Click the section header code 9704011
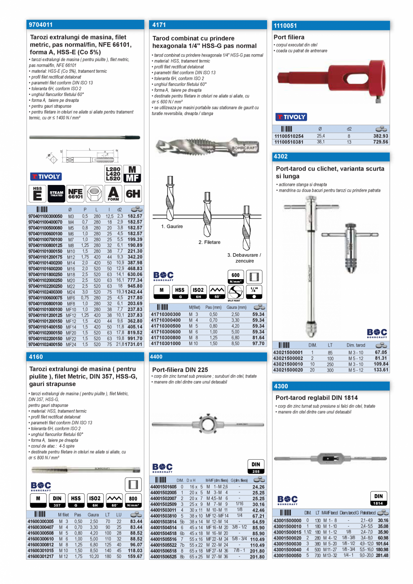click(41, 25)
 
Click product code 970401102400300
click(45, 292)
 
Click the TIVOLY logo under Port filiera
click(291, 117)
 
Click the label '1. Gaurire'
click(172, 227)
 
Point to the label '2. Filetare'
click(209, 242)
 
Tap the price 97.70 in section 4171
click(258, 343)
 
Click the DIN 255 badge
click(255, 466)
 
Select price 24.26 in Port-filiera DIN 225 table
click(259, 487)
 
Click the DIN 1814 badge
click(378, 499)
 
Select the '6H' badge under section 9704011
click(132, 194)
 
